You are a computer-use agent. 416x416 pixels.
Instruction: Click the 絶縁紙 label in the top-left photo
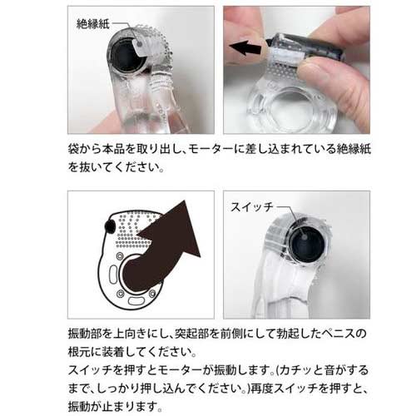point(93,24)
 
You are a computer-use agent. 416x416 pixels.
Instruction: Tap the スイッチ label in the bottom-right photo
point(252,207)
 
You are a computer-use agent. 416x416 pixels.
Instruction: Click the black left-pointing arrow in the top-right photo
point(245,48)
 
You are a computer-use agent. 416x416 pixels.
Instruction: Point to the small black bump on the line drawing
point(110,226)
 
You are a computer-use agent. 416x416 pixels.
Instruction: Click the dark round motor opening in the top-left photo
point(127,57)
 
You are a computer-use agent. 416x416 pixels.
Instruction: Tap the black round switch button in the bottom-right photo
point(306,245)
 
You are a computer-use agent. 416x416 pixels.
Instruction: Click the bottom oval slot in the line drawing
point(136,300)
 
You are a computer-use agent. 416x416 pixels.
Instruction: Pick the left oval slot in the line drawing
point(113,274)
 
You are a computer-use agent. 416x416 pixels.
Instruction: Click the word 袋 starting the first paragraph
point(73,150)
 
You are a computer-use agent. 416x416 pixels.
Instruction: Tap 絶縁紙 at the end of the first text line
point(354,150)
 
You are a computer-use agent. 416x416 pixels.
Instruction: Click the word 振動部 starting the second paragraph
point(85,334)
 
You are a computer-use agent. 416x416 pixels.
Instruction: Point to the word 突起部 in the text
point(191,334)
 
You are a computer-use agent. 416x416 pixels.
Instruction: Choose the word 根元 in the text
point(79,352)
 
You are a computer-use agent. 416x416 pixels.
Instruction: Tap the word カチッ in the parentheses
point(296,370)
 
